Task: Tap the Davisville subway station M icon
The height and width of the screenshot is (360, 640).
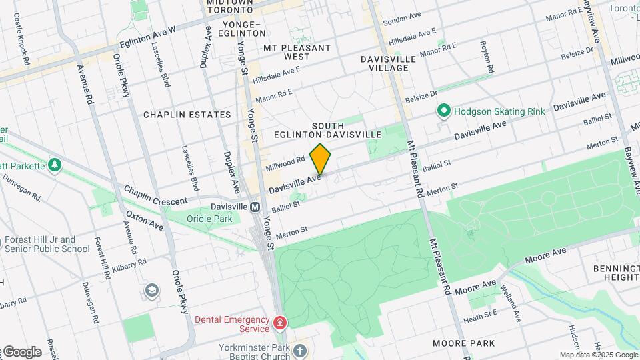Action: point(255,207)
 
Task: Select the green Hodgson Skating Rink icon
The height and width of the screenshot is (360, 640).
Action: point(442,111)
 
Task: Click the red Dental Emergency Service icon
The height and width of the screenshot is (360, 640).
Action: point(280,325)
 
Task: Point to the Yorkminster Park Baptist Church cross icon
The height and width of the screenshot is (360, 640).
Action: point(300,350)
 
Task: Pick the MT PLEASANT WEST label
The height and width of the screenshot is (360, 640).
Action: point(297,48)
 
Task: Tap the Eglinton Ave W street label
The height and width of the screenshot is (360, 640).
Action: point(147,36)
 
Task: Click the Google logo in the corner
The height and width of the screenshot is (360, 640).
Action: point(22,352)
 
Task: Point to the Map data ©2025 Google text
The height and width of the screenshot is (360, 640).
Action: point(599,355)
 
